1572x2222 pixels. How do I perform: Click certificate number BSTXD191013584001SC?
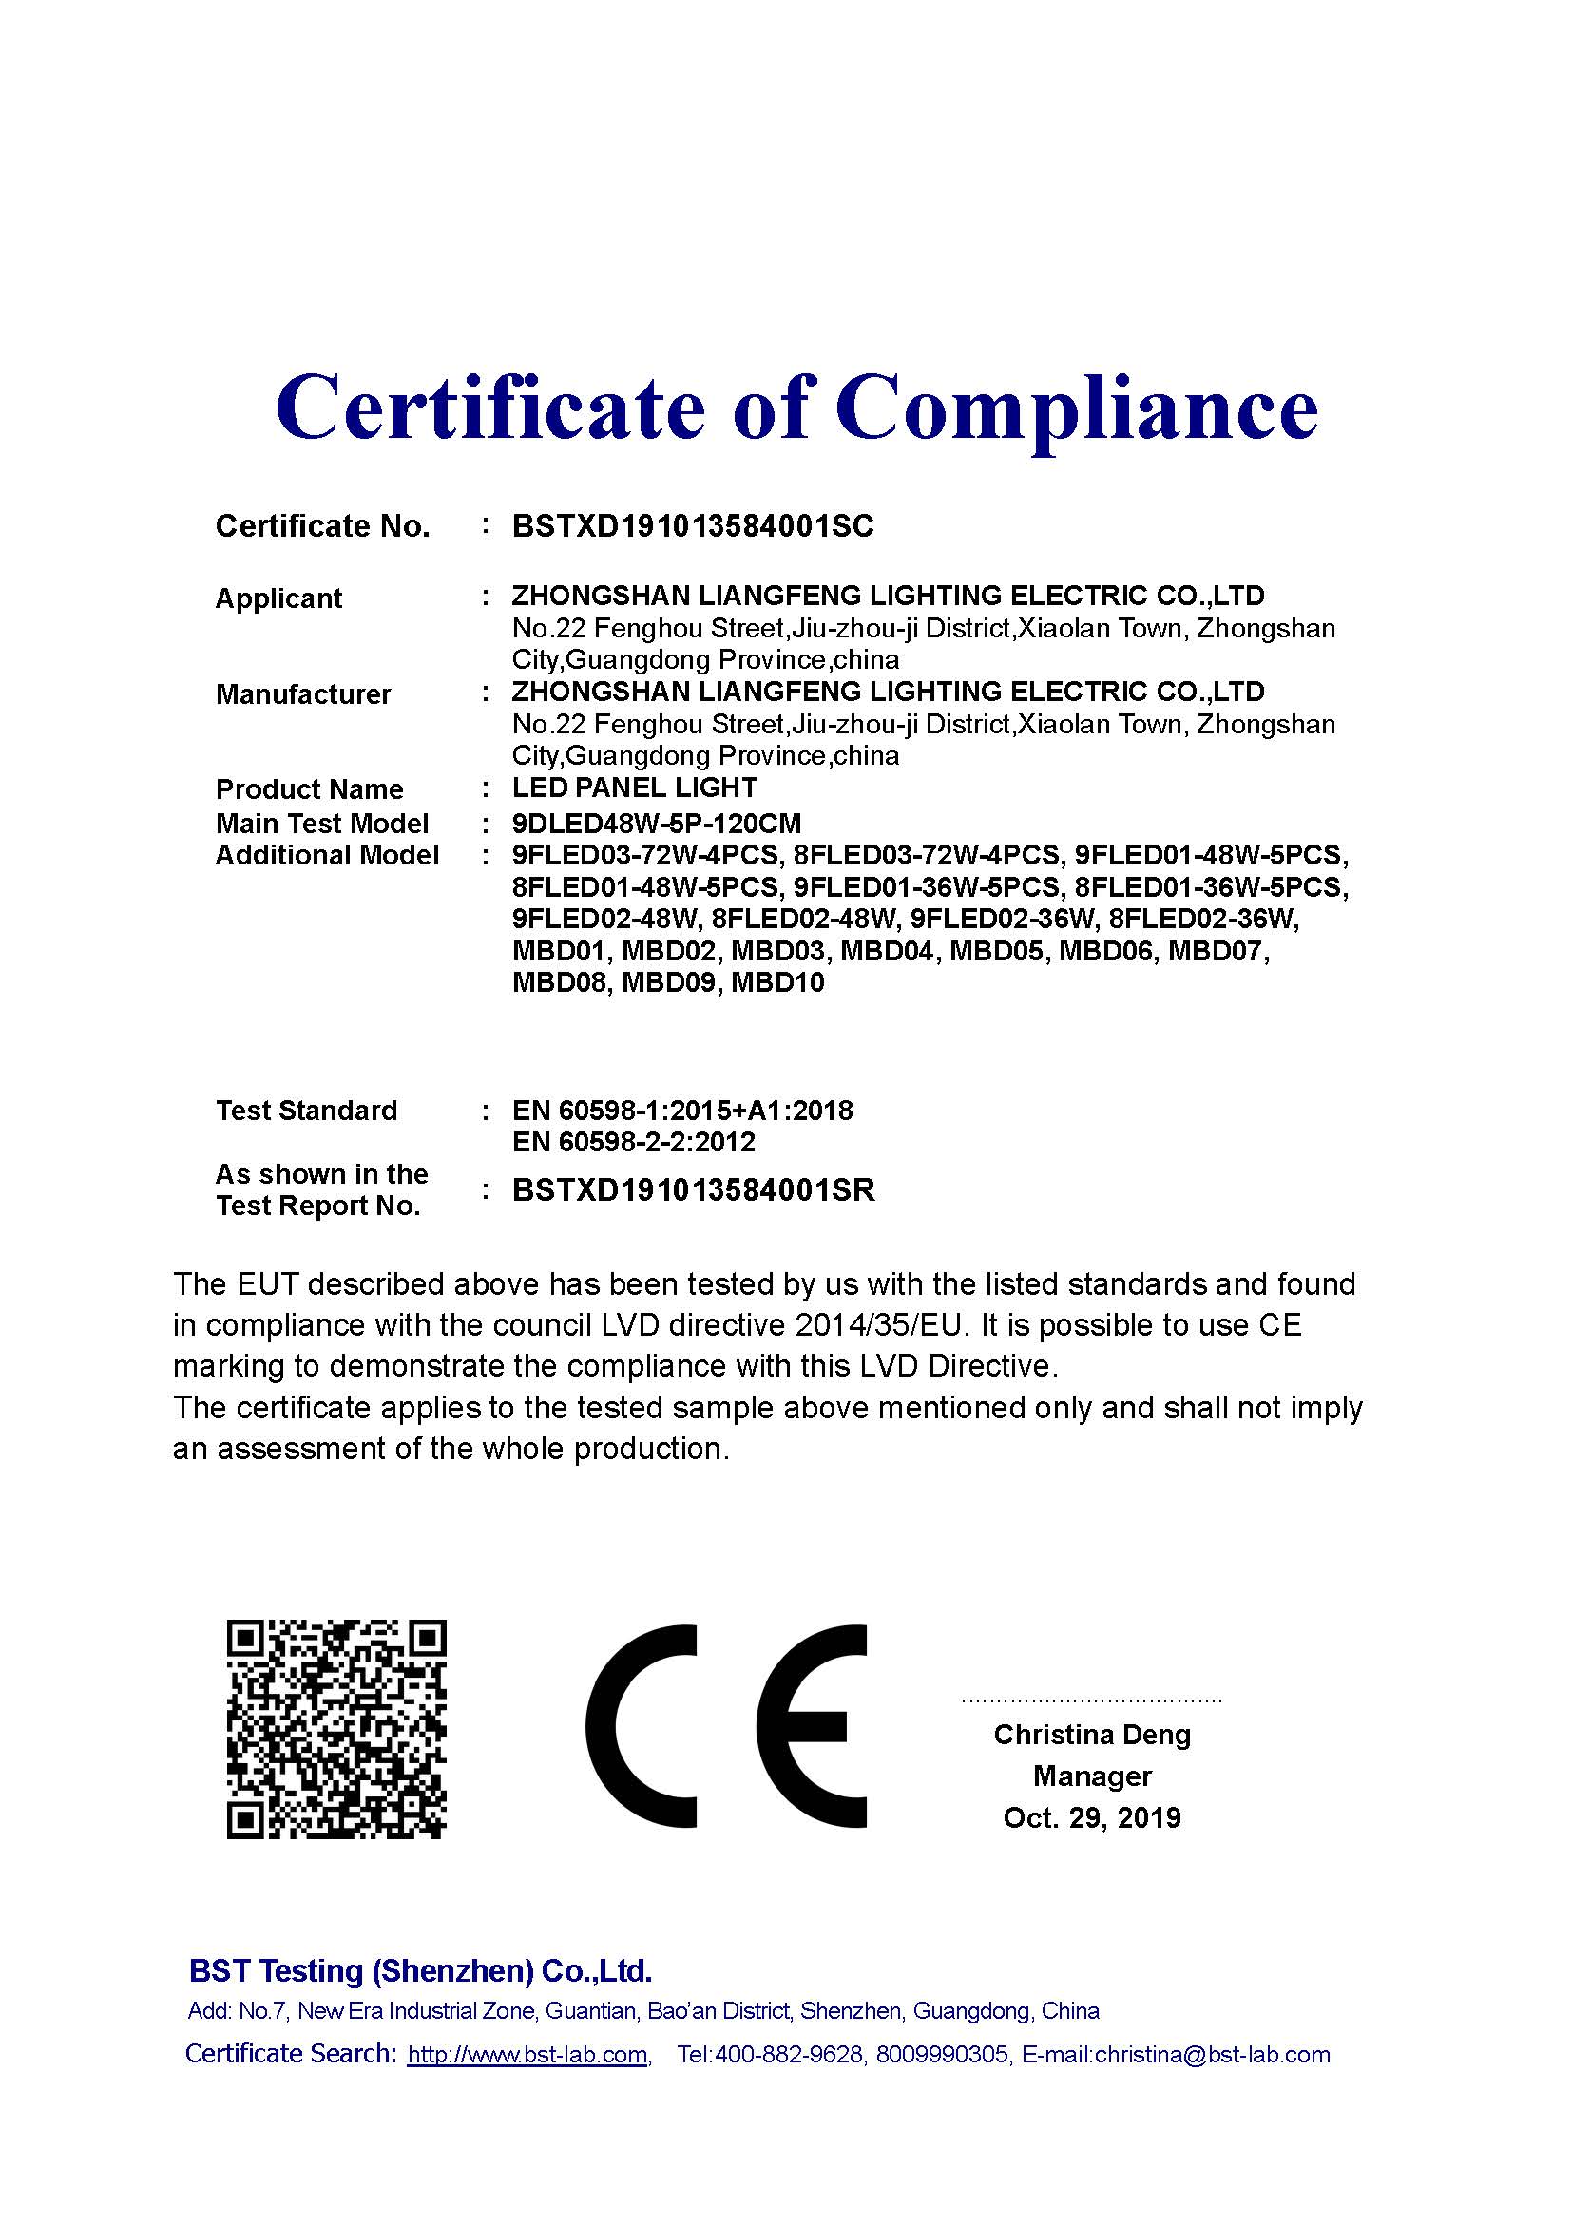tap(692, 526)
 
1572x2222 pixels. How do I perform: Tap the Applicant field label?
tap(278, 599)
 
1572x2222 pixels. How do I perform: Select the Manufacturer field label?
tap(303, 693)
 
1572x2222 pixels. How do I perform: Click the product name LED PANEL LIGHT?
tap(634, 788)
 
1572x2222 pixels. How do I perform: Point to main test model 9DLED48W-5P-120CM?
tap(657, 824)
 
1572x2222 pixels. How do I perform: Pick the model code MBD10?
tap(777, 983)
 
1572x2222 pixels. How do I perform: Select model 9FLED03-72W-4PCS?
tap(644, 856)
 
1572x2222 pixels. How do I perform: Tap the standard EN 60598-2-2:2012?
tap(633, 1142)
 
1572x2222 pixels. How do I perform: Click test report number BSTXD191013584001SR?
tap(693, 1190)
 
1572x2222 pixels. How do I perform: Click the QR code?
tap(335, 1729)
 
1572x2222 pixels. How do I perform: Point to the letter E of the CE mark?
tap(812, 1727)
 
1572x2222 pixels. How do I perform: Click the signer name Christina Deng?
tap(1092, 1736)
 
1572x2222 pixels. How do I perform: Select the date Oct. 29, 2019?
tap(1092, 1817)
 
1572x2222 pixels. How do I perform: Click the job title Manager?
tap(1092, 1776)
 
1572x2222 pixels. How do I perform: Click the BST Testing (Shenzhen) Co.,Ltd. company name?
tap(420, 1971)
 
